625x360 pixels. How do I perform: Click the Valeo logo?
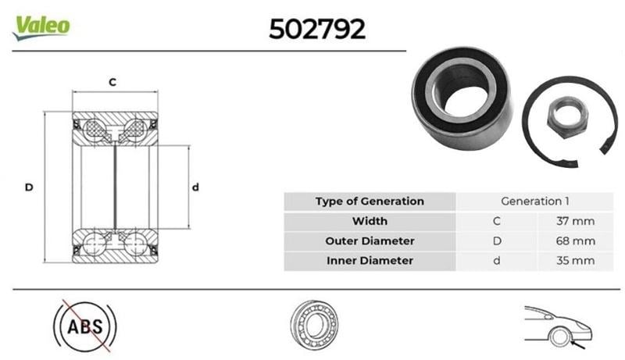(x=41, y=27)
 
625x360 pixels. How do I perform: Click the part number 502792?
(x=317, y=29)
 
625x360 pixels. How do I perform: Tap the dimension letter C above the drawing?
(x=112, y=82)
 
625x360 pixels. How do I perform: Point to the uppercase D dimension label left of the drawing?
(x=29, y=187)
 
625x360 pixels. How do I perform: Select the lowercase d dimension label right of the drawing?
(x=195, y=187)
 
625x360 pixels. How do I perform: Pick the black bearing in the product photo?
(x=462, y=98)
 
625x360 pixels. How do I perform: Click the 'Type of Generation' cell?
(x=370, y=201)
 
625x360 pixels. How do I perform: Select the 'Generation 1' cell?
(x=535, y=201)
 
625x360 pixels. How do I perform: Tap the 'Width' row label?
(x=370, y=222)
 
